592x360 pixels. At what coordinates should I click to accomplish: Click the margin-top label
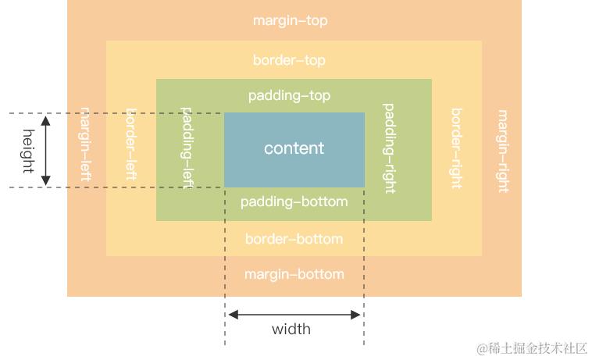(x=290, y=21)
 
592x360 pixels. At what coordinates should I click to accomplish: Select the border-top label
(x=289, y=60)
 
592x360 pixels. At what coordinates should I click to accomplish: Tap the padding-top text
(x=289, y=95)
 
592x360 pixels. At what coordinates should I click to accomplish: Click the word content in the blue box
(x=294, y=148)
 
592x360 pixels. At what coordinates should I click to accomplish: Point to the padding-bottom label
(x=294, y=202)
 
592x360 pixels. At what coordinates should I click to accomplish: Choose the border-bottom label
(x=294, y=239)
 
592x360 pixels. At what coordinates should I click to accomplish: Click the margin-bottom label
(x=294, y=274)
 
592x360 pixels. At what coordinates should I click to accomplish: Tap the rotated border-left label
(x=131, y=144)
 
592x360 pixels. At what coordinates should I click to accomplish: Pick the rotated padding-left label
(x=187, y=144)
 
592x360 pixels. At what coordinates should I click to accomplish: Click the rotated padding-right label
(x=389, y=148)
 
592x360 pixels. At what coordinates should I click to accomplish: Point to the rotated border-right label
(x=456, y=148)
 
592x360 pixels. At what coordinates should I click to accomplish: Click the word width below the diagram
(x=291, y=329)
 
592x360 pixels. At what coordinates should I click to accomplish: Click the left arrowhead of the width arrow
(x=232, y=315)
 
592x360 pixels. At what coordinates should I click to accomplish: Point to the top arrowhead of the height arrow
(x=46, y=119)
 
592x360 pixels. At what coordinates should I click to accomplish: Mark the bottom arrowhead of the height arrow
(x=46, y=181)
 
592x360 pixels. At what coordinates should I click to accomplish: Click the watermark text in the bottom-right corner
(x=532, y=348)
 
